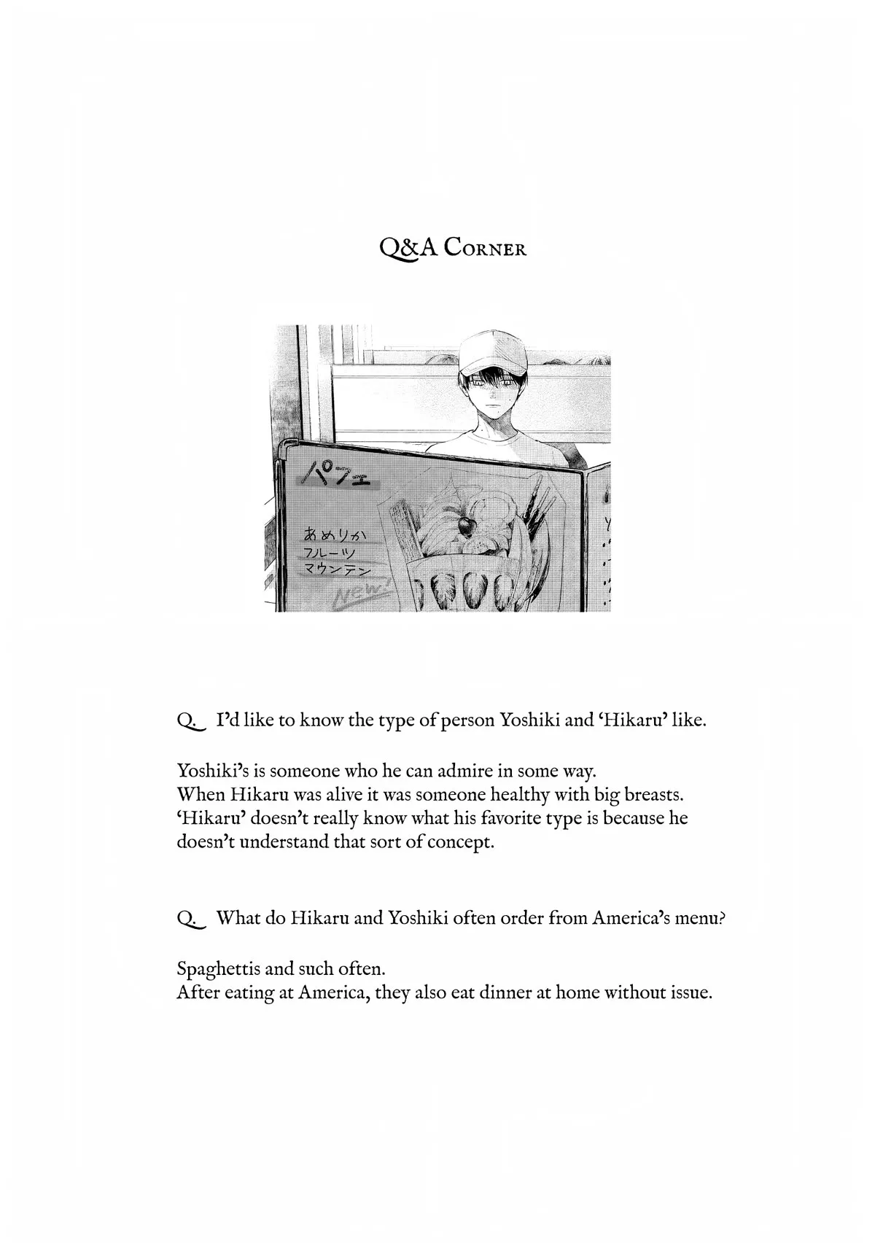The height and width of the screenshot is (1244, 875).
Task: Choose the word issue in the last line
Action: (688, 993)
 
